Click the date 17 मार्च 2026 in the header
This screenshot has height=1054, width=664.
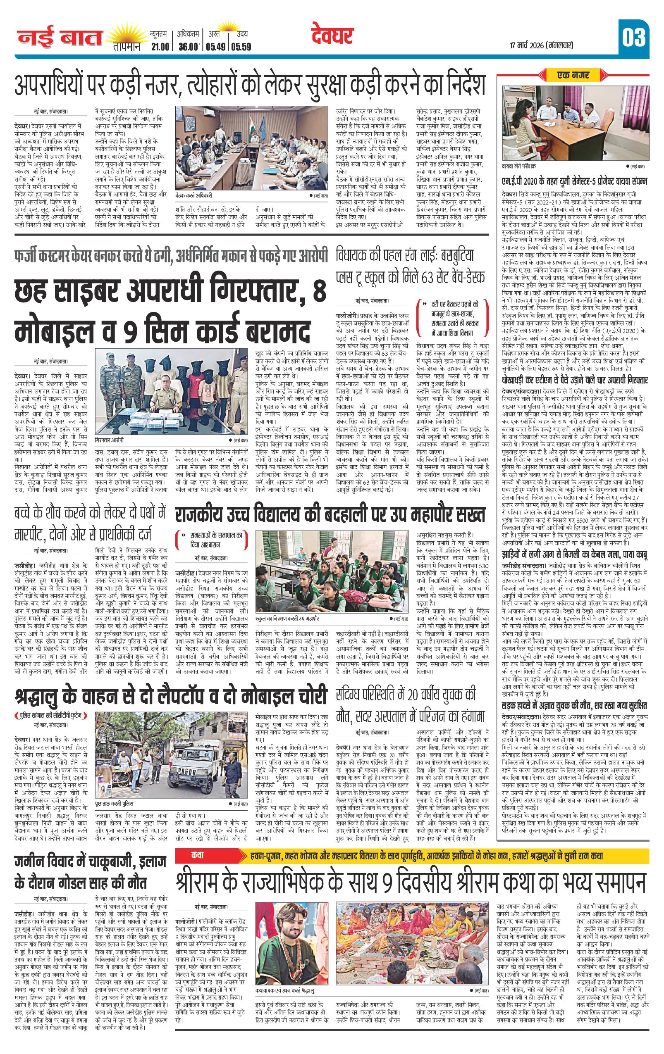(541, 45)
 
